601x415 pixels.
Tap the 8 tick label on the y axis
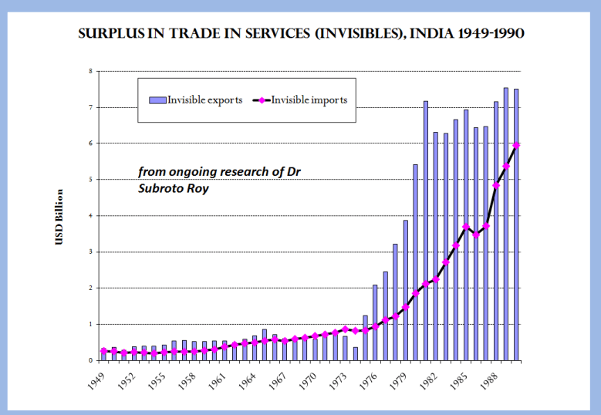coord(90,71)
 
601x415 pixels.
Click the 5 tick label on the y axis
coord(90,180)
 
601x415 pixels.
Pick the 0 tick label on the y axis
coord(90,360)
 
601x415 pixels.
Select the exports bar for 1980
coord(415,262)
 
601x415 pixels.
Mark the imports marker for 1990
coord(516,145)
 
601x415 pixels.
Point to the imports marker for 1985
coord(466,227)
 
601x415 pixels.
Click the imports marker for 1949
coord(103,350)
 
